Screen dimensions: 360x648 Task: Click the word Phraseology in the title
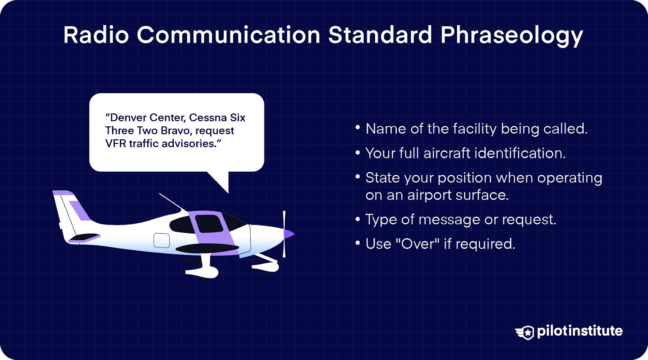(x=511, y=36)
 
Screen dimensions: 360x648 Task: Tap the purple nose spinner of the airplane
(x=289, y=234)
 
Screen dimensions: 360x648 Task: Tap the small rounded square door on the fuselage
(x=162, y=240)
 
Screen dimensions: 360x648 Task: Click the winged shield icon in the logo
(x=525, y=332)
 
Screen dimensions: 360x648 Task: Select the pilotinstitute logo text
(x=580, y=331)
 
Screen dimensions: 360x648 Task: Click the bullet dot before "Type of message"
(x=358, y=219)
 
